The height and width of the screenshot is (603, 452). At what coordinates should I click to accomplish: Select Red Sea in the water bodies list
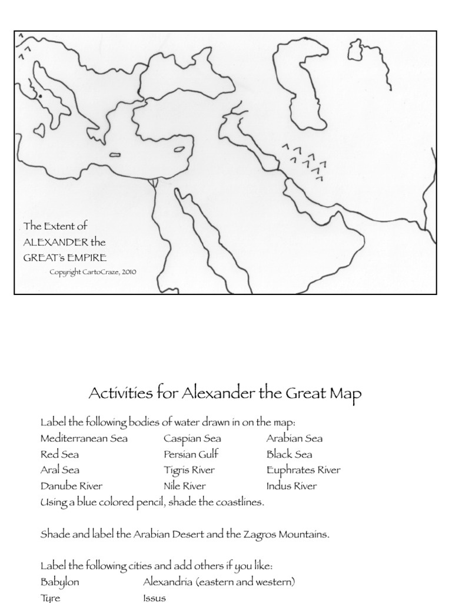(x=59, y=455)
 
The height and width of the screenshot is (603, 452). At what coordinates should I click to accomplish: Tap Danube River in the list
(x=71, y=486)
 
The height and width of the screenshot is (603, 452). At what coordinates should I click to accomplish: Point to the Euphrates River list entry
(x=303, y=471)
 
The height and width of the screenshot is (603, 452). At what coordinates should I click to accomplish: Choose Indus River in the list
(x=291, y=486)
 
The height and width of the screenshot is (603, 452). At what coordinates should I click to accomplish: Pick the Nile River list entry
(x=185, y=486)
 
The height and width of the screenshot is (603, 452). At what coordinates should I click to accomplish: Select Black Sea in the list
(x=289, y=455)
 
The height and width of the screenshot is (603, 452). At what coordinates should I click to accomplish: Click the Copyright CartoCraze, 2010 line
(x=93, y=273)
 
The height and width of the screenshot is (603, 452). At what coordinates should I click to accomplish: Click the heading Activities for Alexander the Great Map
(x=225, y=393)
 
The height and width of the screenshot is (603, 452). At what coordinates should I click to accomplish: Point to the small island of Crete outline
(x=115, y=155)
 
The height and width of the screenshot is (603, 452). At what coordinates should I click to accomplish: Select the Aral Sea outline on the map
(x=355, y=51)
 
